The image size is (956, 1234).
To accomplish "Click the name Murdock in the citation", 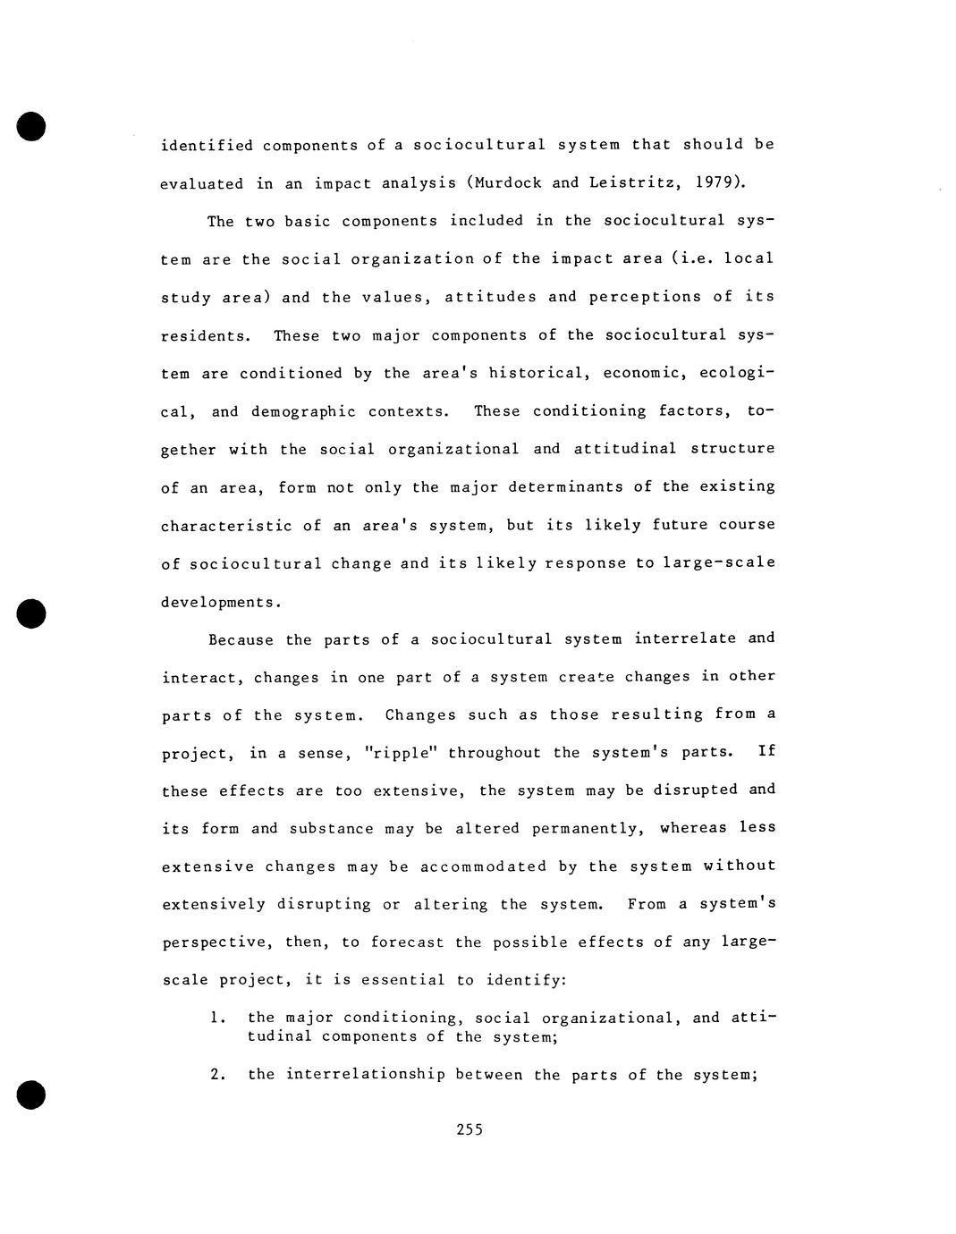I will pos(507,183).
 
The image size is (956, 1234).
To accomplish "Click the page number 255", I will pos(470,1129).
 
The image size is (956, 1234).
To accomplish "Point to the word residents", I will pos(202,336).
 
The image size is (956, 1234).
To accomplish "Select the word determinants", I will pos(566,486).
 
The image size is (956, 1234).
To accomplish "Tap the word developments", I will pos(219,602).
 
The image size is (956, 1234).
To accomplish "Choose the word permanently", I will pos(587,828).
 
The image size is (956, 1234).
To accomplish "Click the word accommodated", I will pos(483,866).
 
